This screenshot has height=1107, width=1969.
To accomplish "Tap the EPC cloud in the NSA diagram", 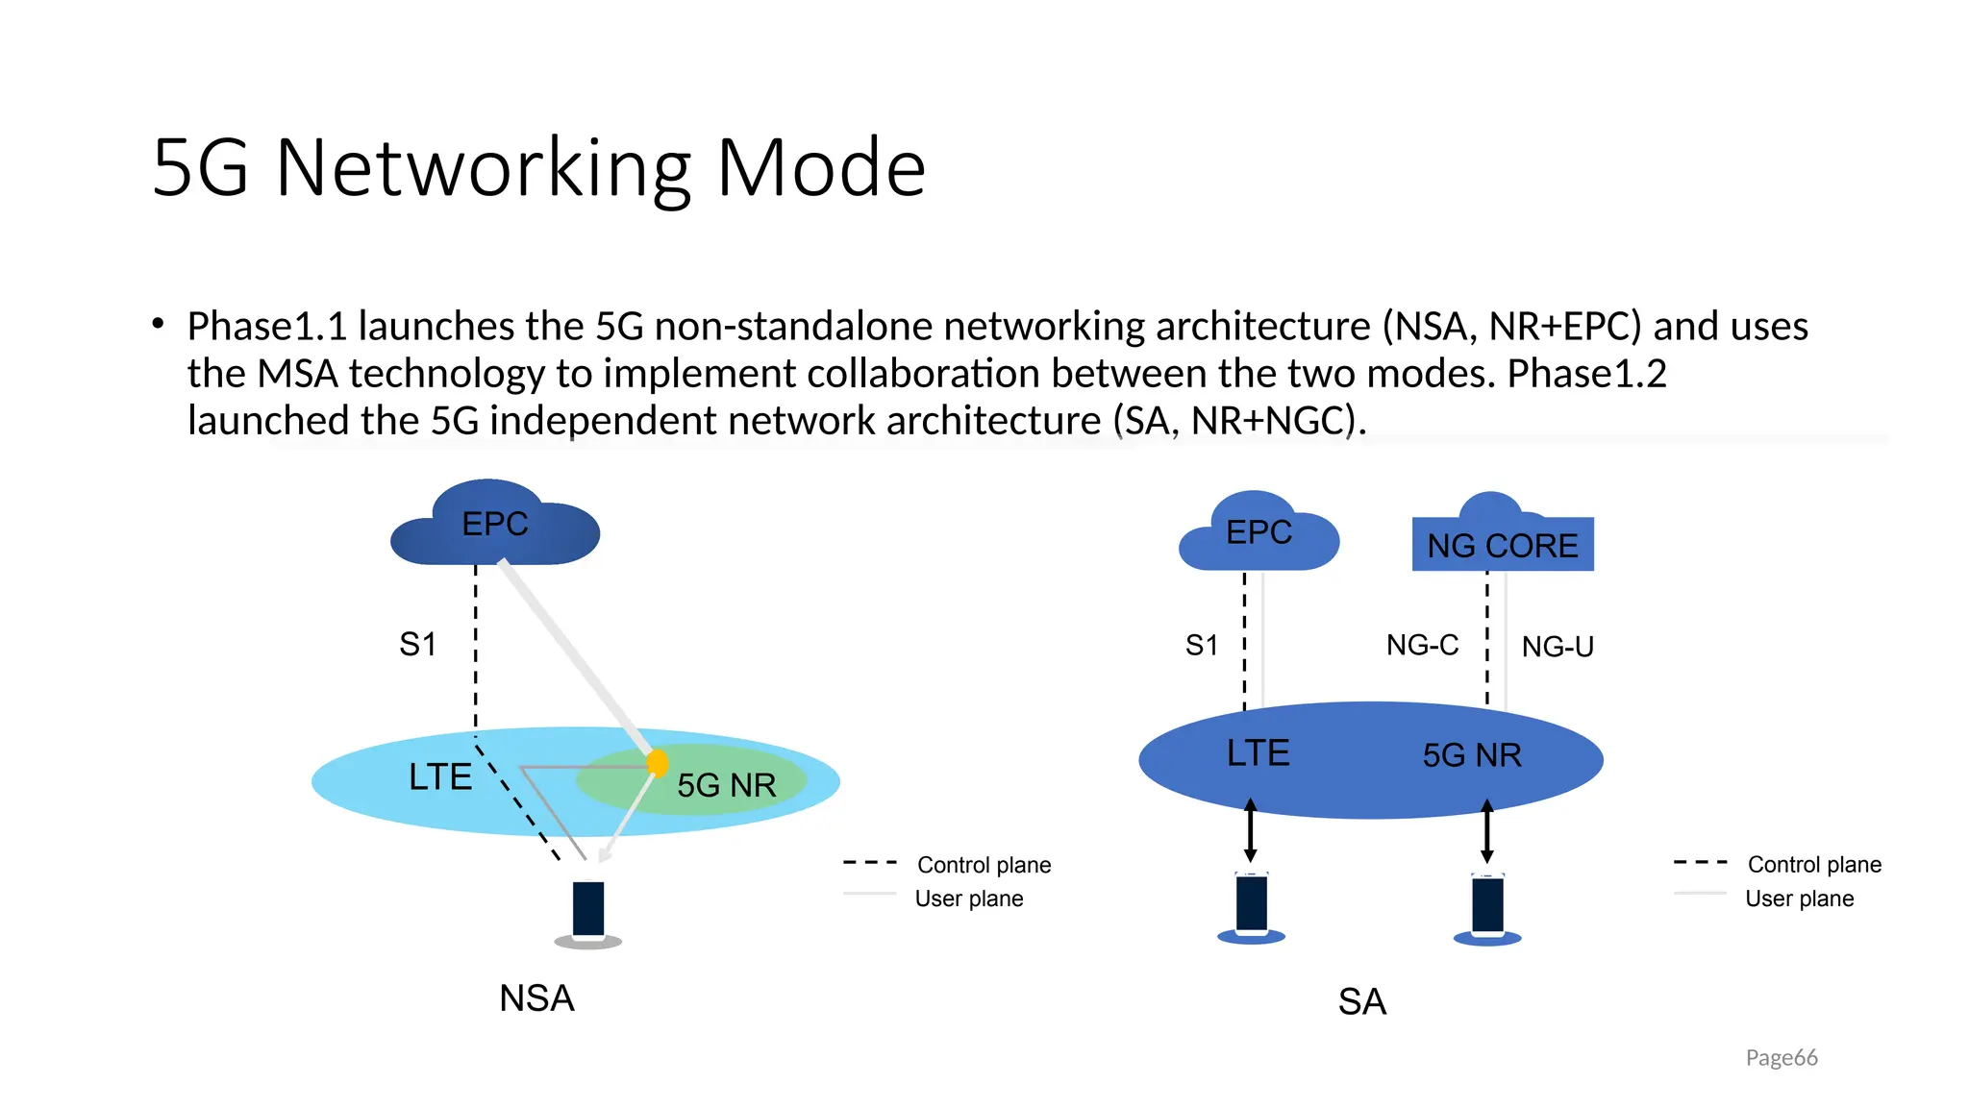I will [x=494, y=527].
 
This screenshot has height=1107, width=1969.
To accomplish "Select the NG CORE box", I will [x=1502, y=545].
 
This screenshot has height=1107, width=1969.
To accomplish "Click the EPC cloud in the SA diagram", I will [x=1258, y=534].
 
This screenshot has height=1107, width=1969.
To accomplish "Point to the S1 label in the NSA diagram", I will [x=417, y=644].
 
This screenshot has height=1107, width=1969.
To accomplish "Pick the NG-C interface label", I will [x=1422, y=645].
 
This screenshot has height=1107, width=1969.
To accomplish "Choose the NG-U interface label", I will [x=1558, y=647].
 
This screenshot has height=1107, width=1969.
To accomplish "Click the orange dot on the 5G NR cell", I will [x=658, y=763].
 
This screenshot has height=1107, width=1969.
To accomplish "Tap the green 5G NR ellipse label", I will [x=726, y=785].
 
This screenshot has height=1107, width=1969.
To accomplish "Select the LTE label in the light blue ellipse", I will [x=440, y=776].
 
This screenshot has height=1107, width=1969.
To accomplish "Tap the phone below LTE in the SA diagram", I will [x=1251, y=904].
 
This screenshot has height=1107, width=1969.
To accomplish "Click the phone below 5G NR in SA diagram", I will [x=1487, y=906].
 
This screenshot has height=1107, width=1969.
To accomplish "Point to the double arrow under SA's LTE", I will [x=1250, y=829].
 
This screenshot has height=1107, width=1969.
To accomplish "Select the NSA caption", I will [x=536, y=998].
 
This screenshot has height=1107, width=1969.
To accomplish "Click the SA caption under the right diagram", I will [x=1361, y=1002].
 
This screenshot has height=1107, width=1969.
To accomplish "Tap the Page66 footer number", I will [x=1781, y=1058].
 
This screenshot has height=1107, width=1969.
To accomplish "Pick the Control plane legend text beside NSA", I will [x=984, y=865].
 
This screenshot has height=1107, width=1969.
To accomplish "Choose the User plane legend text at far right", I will [x=1799, y=898].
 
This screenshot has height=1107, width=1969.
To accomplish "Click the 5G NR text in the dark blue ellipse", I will [x=1471, y=755].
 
